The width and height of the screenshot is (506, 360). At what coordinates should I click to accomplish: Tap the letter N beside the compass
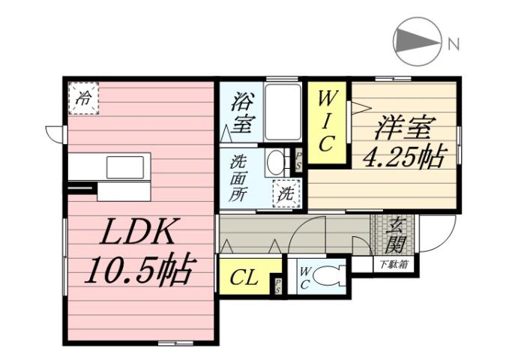pyautogui.click(x=453, y=44)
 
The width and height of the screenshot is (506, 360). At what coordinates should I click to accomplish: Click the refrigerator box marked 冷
pyautogui.click(x=85, y=97)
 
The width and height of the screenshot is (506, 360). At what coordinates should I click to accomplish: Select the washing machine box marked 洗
pyautogui.click(x=286, y=193)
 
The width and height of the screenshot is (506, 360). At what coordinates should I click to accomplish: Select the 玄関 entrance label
pyautogui.click(x=396, y=234)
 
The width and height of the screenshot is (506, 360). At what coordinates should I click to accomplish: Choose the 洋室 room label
pyautogui.click(x=405, y=127)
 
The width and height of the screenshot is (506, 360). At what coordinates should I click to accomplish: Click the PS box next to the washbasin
pyautogui.click(x=298, y=160)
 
